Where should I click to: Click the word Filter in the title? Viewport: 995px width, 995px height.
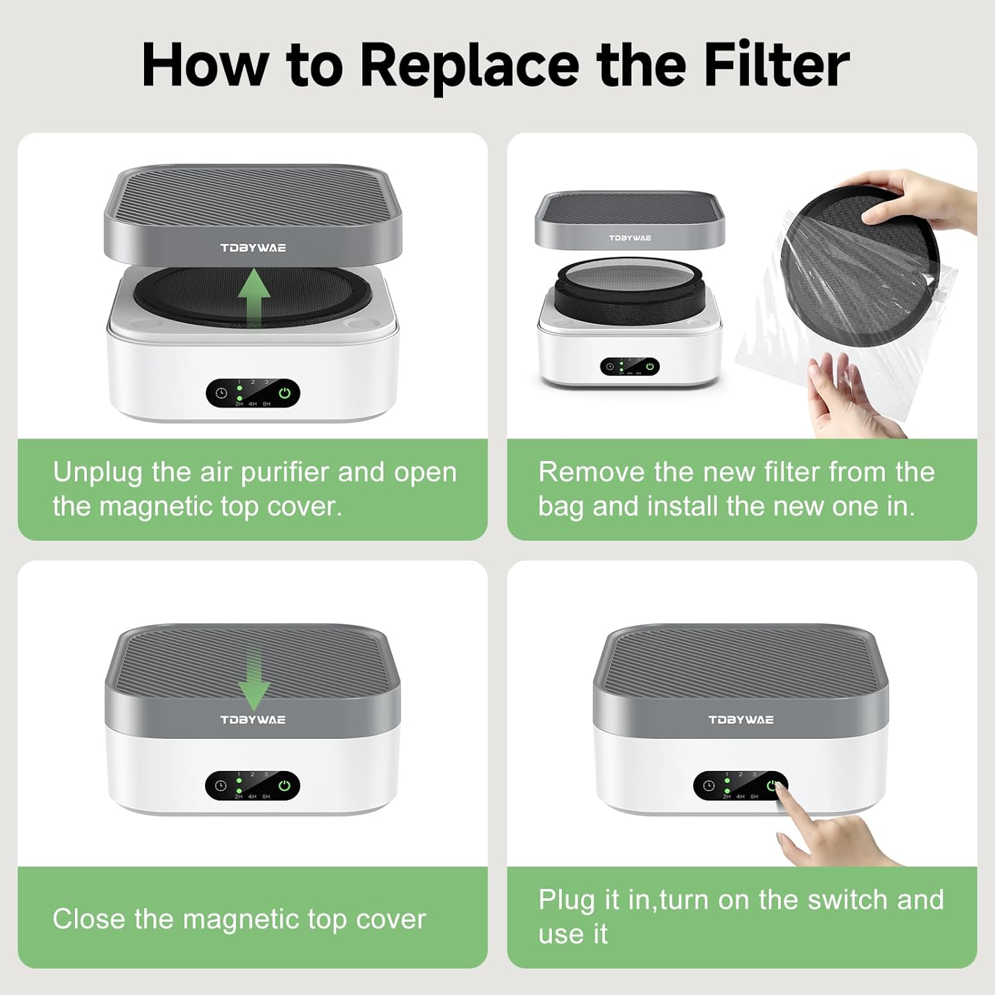click(x=776, y=64)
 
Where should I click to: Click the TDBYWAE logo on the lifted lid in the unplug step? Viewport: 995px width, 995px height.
click(x=253, y=247)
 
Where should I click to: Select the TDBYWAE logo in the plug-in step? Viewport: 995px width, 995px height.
click(x=741, y=720)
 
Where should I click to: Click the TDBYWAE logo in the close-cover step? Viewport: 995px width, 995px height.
click(x=253, y=720)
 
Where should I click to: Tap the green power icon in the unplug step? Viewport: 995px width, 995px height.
click(x=285, y=393)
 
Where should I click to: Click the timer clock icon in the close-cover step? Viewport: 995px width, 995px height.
click(x=221, y=786)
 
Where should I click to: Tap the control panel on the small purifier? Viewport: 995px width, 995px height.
click(x=630, y=367)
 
